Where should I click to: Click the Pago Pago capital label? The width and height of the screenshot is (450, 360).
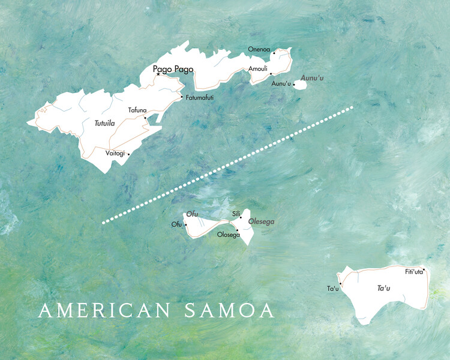click(173, 69)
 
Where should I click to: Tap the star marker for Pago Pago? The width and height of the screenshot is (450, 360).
click(158, 75)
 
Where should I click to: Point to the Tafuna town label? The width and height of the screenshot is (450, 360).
click(137, 110)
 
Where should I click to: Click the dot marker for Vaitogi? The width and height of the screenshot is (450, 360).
click(128, 154)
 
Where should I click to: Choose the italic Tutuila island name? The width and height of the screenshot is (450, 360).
click(104, 123)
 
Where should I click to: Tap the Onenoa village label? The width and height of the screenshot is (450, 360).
click(259, 49)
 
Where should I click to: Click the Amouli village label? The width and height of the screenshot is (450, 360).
click(258, 68)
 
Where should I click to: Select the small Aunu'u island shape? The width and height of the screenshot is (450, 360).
click(300, 85)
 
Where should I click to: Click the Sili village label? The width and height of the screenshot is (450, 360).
click(236, 214)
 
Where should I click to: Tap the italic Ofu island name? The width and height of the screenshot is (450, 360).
click(192, 214)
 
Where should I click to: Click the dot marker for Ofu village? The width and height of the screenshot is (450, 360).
click(186, 225)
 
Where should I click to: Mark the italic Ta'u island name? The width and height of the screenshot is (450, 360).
click(383, 289)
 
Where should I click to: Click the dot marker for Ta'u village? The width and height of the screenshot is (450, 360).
click(340, 283)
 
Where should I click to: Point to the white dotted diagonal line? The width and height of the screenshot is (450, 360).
click(228, 165)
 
